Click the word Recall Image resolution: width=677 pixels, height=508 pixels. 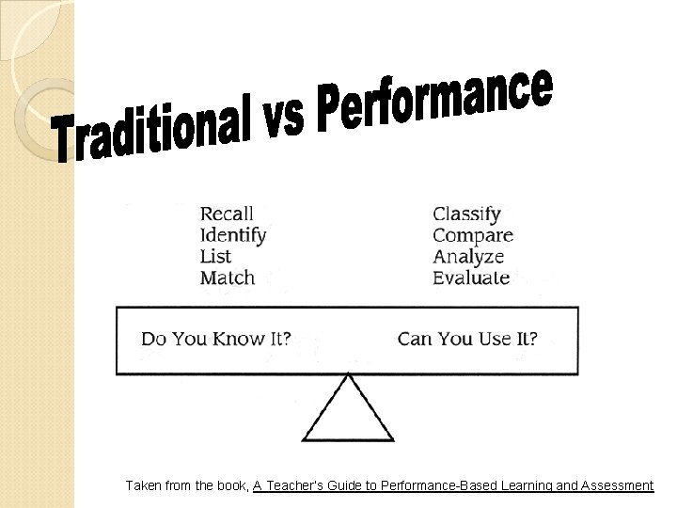click(x=227, y=214)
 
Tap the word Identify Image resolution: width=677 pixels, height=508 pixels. click(x=233, y=235)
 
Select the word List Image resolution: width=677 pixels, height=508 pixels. click(x=215, y=256)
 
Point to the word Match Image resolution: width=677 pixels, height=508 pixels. click(x=228, y=278)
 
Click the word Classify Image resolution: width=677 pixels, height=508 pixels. click(x=466, y=214)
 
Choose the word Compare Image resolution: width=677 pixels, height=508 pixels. click(x=473, y=235)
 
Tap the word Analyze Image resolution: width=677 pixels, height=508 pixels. click(x=468, y=257)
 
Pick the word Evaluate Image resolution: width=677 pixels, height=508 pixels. click(x=471, y=278)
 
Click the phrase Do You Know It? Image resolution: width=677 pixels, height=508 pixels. click(x=215, y=338)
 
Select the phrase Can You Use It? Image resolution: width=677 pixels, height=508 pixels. click(x=467, y=338)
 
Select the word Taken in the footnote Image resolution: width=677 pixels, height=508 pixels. click(x=144, y=485)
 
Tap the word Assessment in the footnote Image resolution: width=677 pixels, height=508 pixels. click(x=615, y=485)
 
